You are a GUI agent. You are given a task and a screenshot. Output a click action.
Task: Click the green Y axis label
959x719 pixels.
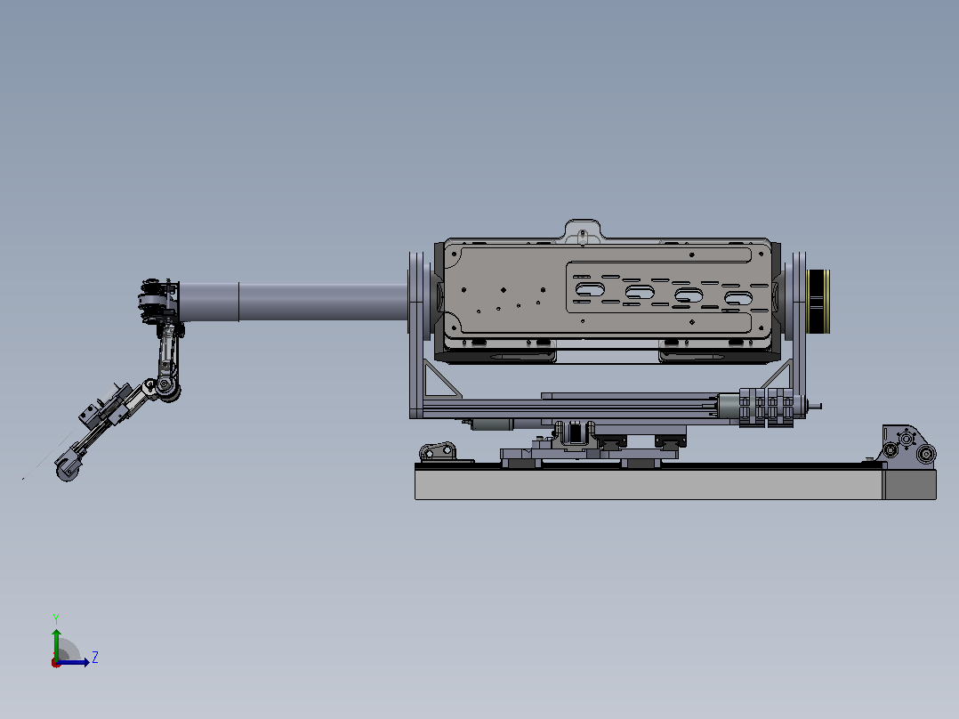pos(56,618)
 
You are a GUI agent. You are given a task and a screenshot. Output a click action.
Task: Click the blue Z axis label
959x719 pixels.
pos(95,658)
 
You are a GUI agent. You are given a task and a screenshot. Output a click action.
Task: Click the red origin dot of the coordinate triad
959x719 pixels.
pos(56,663)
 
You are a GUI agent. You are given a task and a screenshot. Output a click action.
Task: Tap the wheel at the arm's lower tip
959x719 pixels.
pos(68,472)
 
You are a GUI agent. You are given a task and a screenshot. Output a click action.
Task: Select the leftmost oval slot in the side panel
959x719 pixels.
pos(590,289)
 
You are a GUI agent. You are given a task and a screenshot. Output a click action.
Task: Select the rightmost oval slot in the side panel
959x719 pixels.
pos(738,299)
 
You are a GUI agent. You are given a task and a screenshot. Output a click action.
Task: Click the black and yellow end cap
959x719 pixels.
pos(818,301)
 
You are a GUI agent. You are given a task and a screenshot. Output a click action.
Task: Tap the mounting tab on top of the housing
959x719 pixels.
pos(582,231)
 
